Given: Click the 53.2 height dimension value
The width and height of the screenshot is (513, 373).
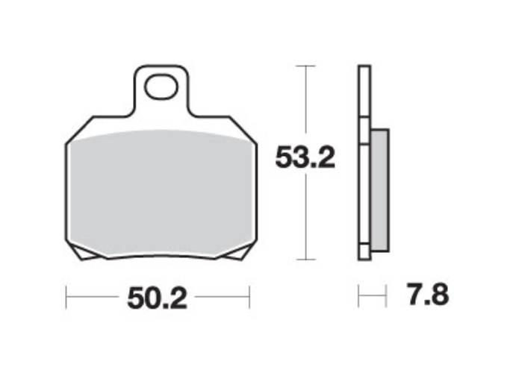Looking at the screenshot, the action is (305, 157).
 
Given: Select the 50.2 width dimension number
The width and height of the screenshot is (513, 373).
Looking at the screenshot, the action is (157, 298).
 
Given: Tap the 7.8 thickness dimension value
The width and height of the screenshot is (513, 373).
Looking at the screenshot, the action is (428, 295).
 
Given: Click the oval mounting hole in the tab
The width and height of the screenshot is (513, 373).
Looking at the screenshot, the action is (161, 87).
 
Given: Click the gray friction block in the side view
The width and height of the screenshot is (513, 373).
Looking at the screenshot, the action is (380, 190).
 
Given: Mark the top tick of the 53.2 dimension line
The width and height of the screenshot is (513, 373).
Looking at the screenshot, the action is (305, 66).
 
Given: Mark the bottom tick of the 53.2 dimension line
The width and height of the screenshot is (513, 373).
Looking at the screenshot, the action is (305, 260).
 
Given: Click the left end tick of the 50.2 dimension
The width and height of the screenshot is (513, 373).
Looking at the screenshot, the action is (66, 297).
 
